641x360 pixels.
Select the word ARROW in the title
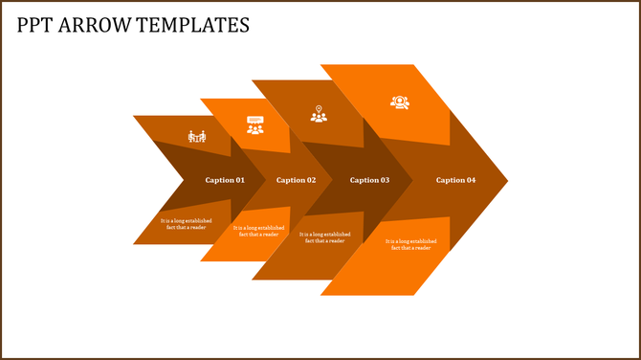(x=96, y=25)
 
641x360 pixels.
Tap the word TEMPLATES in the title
(x=193, y=25)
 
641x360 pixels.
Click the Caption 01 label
(x=225, y=180)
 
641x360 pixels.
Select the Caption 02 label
(x=297, y=180)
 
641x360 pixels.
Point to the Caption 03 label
(x=370, y=180)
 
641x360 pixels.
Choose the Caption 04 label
(x=455, y=180)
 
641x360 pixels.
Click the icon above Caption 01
(x=197, y=136)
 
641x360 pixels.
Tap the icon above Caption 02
(x=255, y=125)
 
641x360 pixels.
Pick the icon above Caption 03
(x=319, y=114)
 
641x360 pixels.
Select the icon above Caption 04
(x=399, y=101)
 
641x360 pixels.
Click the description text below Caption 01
(x=187, y=224)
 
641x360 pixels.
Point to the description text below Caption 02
(x=258, y=231)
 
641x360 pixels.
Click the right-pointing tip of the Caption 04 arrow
(x=504, y=180)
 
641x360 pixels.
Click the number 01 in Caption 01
(x=239, y=180)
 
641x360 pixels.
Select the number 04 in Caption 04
(x=470, y=180)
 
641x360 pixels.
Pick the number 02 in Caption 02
(x=311, y=180)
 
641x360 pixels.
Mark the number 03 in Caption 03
(x=385, y=180)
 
